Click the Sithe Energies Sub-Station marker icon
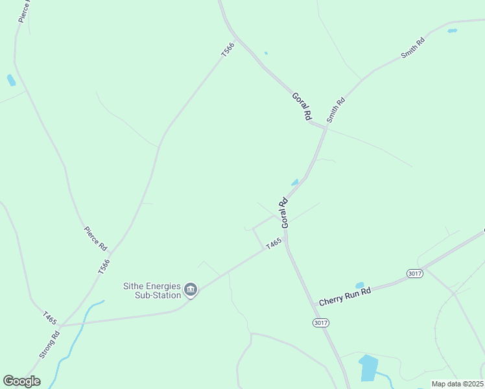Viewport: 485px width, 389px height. coord(191,289)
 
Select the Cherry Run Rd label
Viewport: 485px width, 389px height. coord(344,296)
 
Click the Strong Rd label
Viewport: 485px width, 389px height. coord(49,344)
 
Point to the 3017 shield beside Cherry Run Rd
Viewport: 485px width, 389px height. coord(415,274)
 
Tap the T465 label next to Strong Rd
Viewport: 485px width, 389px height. coord(51,319)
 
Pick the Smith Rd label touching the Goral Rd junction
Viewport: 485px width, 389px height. coord(336,109)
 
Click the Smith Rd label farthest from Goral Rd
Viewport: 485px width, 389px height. coord(412,49)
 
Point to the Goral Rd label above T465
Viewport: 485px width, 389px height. coord(283,212)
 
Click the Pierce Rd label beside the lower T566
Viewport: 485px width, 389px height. coord(95,238)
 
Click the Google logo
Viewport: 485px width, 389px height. coord(21,381)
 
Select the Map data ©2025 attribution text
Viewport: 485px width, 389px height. coord(457,384)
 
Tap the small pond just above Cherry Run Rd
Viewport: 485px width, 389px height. coord(359,285)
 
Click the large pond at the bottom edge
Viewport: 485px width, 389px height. coord(368,368)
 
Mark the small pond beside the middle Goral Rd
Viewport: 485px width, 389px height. coord(295,182)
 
